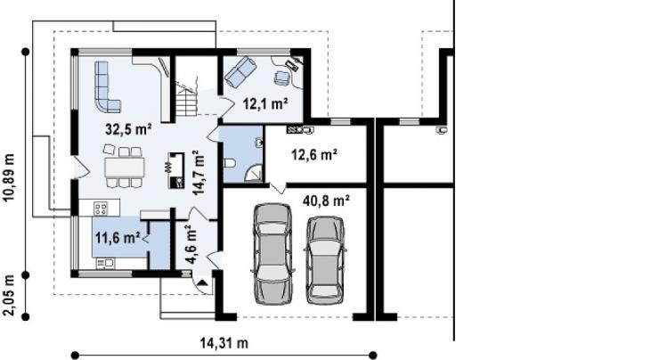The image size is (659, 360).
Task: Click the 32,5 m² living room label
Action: pos(128,129)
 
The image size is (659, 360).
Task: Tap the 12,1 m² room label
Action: pos(265,103)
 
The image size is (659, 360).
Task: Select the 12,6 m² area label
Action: pos(314,155)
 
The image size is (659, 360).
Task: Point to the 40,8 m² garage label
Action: pos(326,200)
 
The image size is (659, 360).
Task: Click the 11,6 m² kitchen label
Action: pos(118,238)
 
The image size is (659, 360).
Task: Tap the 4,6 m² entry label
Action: pos(191,244)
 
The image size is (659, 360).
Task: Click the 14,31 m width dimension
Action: pos(224,343)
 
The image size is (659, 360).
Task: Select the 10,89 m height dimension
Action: pos(9,177)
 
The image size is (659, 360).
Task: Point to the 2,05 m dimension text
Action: pos(9,295)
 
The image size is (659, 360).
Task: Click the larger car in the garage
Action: pos(273,254)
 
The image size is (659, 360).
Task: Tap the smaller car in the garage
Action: pos(325,260)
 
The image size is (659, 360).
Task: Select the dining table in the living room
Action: pos(125,167)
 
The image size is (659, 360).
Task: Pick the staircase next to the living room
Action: pos(186,99)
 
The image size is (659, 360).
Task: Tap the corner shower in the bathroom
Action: pos(255,173)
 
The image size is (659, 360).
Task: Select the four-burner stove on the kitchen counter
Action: pos(101,208)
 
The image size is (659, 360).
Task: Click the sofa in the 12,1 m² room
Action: pos(240,72)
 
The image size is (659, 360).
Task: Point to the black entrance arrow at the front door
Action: pos(203,283)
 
